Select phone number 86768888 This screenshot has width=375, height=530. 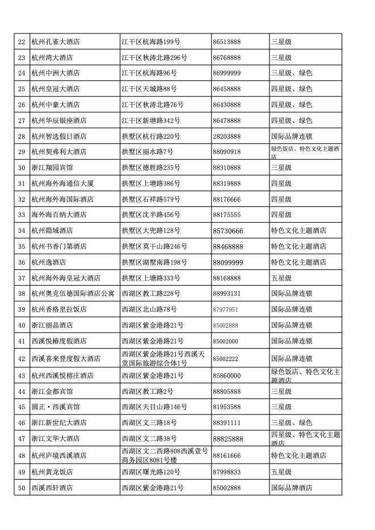tap(226, 57)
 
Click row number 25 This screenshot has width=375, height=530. tap(22, 89)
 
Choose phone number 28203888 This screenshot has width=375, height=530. tap(226, 136)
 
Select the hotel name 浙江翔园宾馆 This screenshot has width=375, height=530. tap(52, 168)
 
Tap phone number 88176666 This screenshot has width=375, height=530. tap(226, 199)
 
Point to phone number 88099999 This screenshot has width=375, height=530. tap(228, 262)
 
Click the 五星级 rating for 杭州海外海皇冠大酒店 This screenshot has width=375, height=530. tap(281, 278)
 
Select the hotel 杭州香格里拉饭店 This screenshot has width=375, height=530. tap(59, 309)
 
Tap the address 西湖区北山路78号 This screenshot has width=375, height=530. tap(149, 309)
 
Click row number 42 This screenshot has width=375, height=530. tap(22, 359)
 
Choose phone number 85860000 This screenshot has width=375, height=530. tap(226, 375)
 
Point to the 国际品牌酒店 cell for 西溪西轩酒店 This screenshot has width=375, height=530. tap(292, 487)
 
